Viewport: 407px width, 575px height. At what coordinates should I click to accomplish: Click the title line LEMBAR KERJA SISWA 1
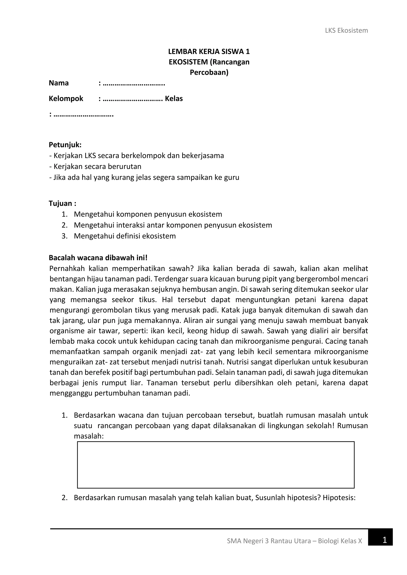click(209, 52)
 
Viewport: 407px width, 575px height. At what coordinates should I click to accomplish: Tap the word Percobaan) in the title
click(209, 72)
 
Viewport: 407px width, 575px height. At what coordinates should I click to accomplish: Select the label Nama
click(59, 83)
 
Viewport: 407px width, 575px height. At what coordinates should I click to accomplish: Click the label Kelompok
click(66, 99)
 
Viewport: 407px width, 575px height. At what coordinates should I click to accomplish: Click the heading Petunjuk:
click(65, 145)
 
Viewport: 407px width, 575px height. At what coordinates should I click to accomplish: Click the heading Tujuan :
click(62, 203)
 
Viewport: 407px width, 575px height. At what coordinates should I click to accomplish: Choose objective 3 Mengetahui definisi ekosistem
click(125, 236)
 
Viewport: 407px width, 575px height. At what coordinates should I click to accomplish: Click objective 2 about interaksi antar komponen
click(173, 225)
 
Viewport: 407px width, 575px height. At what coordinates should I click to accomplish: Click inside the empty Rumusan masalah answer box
click(216, 465)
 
